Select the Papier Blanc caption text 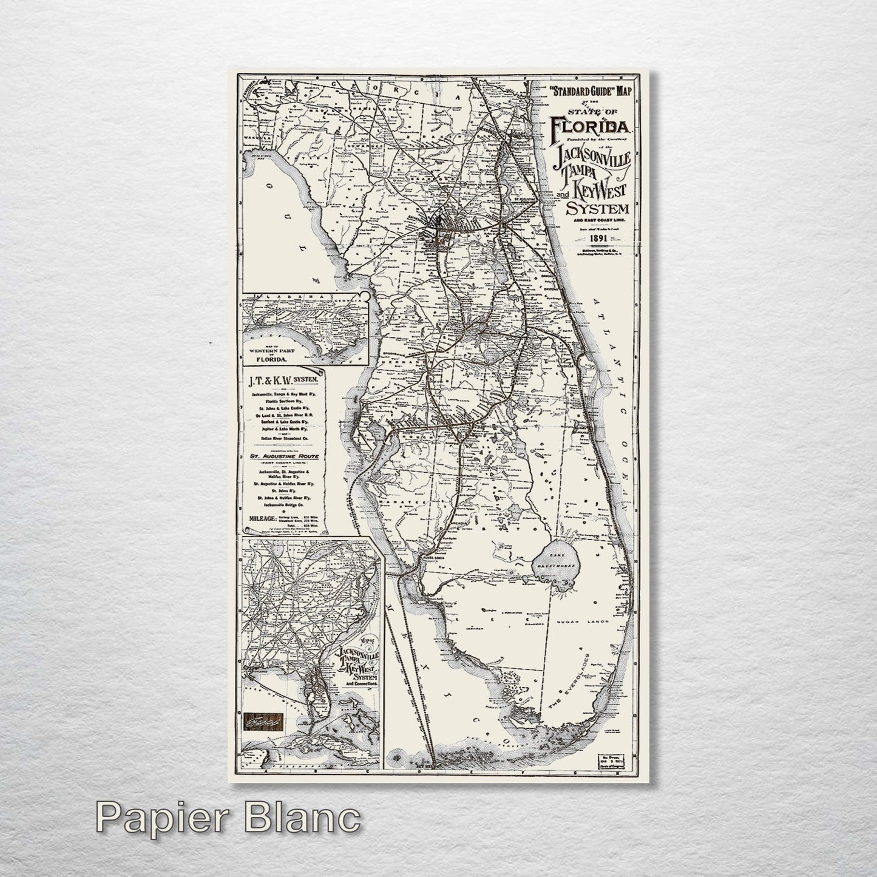[x=228, y=819]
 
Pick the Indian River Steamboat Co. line [x=285, y=438]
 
